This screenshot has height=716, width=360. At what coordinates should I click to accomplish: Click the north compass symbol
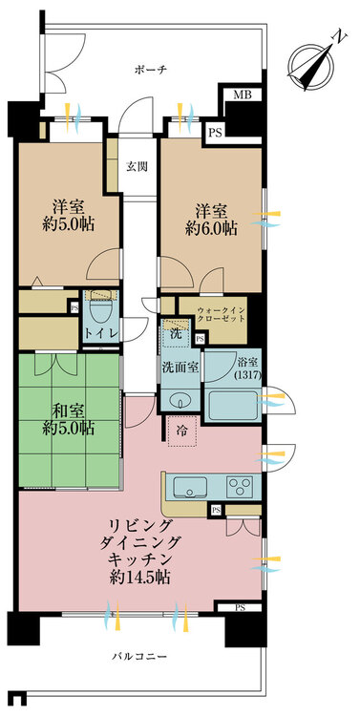pyautogui.click(x=311, y=65)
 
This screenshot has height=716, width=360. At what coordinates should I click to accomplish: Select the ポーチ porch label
pyautogui.click(x=151, y=70)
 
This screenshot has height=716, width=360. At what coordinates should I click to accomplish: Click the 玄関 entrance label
pyautogui.click(x=138, y=167)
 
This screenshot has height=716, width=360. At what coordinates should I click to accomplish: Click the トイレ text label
pyautogui.click(x=100, y=334)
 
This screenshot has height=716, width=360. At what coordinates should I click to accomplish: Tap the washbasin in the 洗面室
pyautogui.click(x=180, y=400)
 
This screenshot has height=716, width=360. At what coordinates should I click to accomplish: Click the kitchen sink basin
pyautogui.click(x=190, y=486)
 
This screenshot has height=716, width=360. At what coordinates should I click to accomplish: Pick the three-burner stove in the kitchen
pyautogui.click(x=241, y=487)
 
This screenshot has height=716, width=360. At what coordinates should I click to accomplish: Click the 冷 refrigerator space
pyautogui.click(x=181, y=432)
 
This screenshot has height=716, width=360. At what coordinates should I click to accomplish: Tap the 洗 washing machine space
pyautogui.click(x=176, y=333)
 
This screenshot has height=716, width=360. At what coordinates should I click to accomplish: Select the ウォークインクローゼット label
pyautogui.click(x=222, y=316)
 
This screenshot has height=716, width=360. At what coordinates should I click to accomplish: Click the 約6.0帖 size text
pyautogui.click(x=211, y=229)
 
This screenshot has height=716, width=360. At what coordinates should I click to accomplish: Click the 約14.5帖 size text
pyautogui.click(x=139, y=578)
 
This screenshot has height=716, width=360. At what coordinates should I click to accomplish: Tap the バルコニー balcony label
pyautogui.click(x=139, y=657)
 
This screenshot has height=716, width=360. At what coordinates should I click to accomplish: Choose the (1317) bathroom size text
pyautogui.click(x=248, y=376)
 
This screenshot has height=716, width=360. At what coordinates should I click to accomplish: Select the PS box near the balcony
pyautogui.click(x=240, y=607)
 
